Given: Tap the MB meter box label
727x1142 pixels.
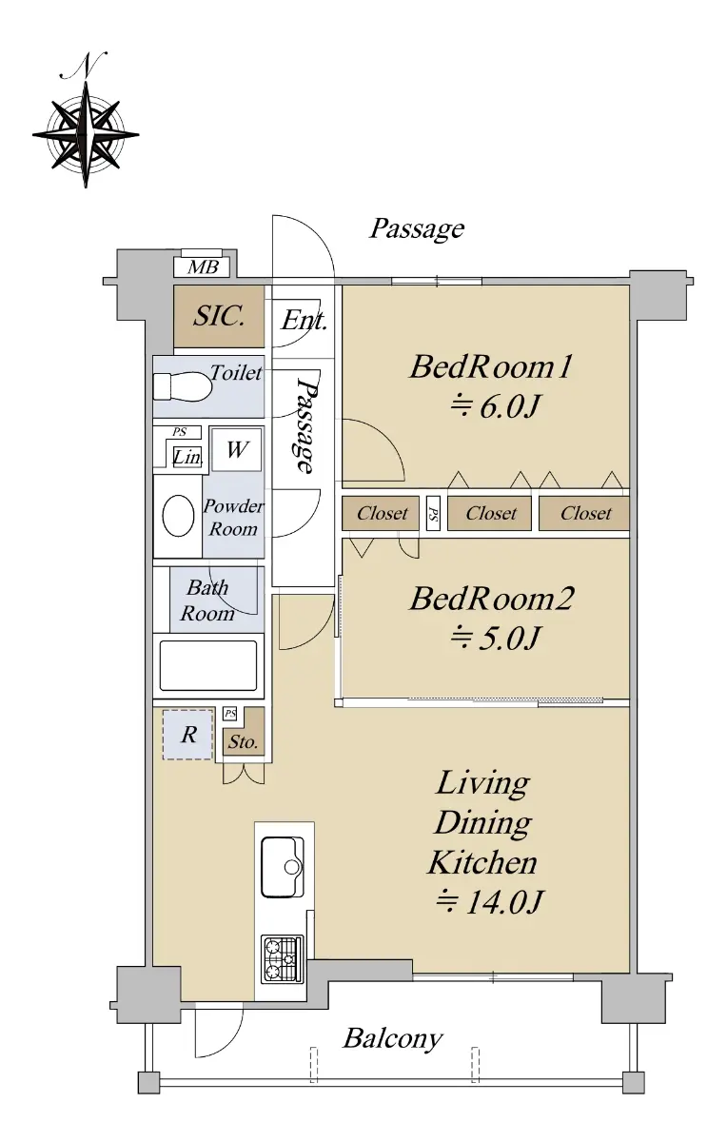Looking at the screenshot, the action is tap(203, 267).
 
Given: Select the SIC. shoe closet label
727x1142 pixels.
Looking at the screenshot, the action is tap(219, 316).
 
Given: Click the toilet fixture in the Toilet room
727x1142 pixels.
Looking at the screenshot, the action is tap(183, 386).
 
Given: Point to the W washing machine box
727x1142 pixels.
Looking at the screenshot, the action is tap(237, 449).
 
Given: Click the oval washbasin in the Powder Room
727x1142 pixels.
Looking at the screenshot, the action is tap(179, 516).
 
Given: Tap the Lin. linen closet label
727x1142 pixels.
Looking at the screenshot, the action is tap(187, 457).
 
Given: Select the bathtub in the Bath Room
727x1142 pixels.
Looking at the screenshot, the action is tap(208, 665).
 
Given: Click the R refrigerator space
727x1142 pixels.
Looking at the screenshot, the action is tap(187, 735).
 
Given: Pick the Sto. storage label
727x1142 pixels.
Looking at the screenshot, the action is tap(243, 741).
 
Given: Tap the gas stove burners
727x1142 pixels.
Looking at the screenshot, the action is tap(283, 959).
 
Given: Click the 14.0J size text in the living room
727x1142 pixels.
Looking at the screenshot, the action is tap(490, 901).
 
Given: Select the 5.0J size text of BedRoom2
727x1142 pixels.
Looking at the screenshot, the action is tap(495, 638).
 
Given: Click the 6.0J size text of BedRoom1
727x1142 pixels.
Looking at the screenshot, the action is tap(495, 406).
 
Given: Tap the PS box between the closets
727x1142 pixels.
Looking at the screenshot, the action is tap(433, 513).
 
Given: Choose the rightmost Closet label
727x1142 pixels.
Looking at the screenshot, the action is tap(586, 513).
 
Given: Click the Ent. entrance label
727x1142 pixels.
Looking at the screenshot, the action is tap(305, 321).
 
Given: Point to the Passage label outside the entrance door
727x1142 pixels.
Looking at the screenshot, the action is tap(417, 229).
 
